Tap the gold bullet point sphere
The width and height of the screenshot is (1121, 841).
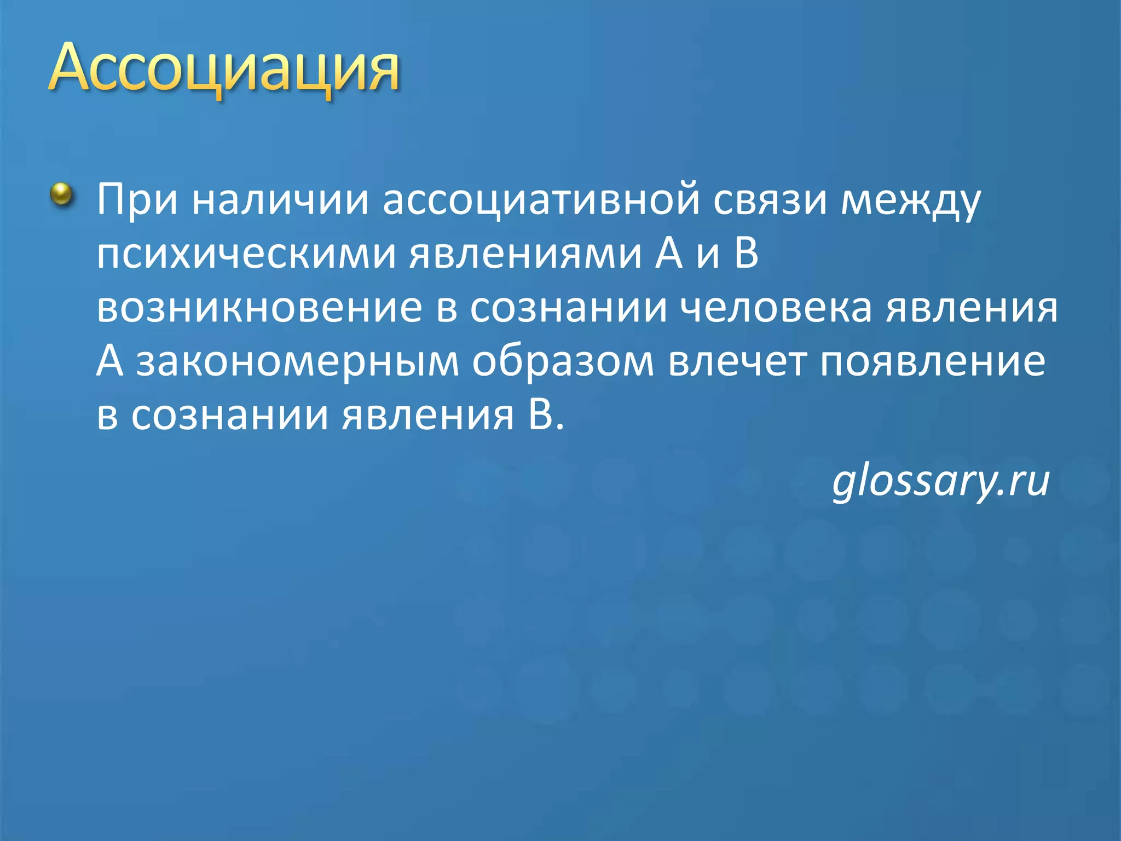pos(62,194)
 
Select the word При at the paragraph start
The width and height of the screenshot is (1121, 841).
pos(137,200)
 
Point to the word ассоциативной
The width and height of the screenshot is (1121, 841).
pos(541,200)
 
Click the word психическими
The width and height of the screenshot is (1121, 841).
pos(246,255)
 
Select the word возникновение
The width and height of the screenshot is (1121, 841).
pos(259,308)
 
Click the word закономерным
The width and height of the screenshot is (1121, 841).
pos(298,361)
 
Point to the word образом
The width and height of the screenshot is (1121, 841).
pos(563,361)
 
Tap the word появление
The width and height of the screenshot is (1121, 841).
pos(933,361)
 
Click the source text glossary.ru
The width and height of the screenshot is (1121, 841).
pos(941,481)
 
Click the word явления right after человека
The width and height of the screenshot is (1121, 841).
pos(972,308)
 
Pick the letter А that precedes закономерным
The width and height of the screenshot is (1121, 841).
pos(109,361)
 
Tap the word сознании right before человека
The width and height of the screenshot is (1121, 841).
pos(569,308)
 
